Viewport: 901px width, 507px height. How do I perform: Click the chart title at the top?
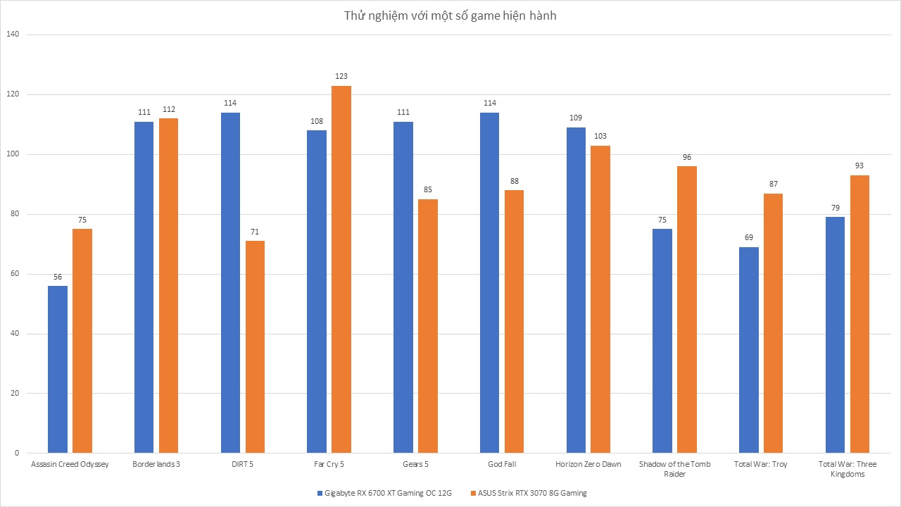coord(450,15)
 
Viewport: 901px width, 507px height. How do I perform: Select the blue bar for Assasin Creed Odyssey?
coord(58,370)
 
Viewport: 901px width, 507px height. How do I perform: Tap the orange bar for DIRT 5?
coord(255,347)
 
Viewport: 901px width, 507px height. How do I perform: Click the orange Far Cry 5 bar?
coord(341,269)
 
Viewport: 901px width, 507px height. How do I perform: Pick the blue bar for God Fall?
coord(489,283)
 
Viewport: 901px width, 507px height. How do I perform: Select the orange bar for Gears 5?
coord(428,326)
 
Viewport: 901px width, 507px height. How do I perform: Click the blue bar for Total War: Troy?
coord(749,350)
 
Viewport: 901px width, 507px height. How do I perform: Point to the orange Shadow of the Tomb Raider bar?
coord(687,309)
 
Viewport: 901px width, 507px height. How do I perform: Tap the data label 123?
coord(341,76)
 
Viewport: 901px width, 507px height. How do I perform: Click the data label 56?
coord(58,277)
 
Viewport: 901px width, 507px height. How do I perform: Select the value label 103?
coord(600,136)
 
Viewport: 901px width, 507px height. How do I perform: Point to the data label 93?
coord(859,165)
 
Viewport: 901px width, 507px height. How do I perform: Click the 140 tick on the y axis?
coord(13,35)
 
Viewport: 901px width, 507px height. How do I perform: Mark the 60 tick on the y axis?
coord(15,274)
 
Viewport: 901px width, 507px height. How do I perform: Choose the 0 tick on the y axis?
coord(17,453)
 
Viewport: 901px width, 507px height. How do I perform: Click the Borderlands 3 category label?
coord(156,464)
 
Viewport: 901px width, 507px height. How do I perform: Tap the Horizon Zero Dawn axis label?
coord(588,464)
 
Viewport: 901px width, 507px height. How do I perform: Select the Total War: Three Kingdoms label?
coord(848,469)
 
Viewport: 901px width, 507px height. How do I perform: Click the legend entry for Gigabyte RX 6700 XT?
coord(384,493)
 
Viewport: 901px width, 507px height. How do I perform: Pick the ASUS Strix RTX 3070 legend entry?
coord(529,493)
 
